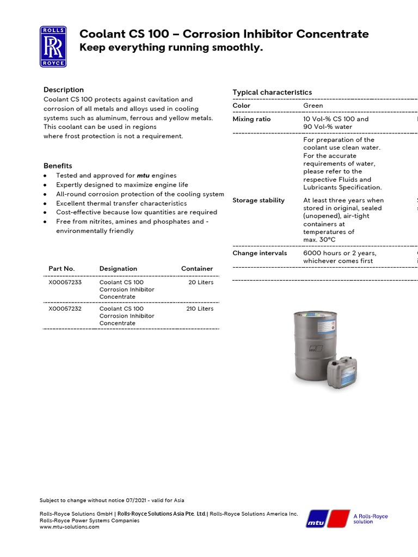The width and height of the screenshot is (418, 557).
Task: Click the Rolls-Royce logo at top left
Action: click(x=53, y=47)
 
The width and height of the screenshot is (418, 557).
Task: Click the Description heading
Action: click(x=64, y=90)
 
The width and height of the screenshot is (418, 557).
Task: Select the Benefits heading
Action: click(x=58, y=166)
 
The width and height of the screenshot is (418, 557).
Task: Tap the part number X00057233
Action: click(x=65, y=282)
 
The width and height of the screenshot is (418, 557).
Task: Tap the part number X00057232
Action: click(x=65, y=308)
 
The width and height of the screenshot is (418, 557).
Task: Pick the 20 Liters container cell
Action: click(x=201, y=282)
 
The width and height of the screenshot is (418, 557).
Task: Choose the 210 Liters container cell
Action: click(x=200, y=308)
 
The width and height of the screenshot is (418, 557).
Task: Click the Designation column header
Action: click(x=118, y=269)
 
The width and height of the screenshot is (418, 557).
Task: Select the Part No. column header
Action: click(x=62, y=269)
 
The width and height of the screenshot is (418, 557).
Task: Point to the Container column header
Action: click(x=197, y=269)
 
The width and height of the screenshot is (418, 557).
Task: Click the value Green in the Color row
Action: click(x=313, y=106)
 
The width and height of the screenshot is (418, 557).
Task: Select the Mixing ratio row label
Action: click(x=251, y=119)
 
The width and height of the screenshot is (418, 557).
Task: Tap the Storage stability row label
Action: click(x=259, y=200)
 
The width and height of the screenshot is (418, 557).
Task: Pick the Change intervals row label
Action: click(x=260, y=253)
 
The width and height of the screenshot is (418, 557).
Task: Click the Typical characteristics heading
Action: click(x=272, y=92)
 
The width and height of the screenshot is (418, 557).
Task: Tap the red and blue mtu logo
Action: click(x=328, y=519)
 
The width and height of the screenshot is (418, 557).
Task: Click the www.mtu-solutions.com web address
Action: click(x=70, y=527)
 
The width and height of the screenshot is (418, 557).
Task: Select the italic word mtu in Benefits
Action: click(x=143, y=176)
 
